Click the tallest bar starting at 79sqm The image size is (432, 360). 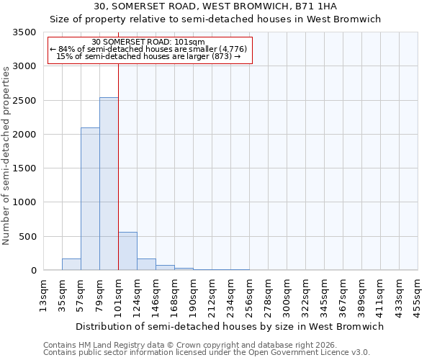[x=109, y=184]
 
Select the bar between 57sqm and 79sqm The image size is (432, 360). [x=90, y=199]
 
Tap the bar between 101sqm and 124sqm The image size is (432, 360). [x=127, y=251]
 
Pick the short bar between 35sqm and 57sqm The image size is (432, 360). [x=71, y=264]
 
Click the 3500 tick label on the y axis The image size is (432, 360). [x=24, y=32]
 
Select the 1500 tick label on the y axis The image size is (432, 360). [x=24, y=168]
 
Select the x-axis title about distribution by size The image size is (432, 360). [x=230, y=326]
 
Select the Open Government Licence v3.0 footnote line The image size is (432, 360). [x=206, y=353]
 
